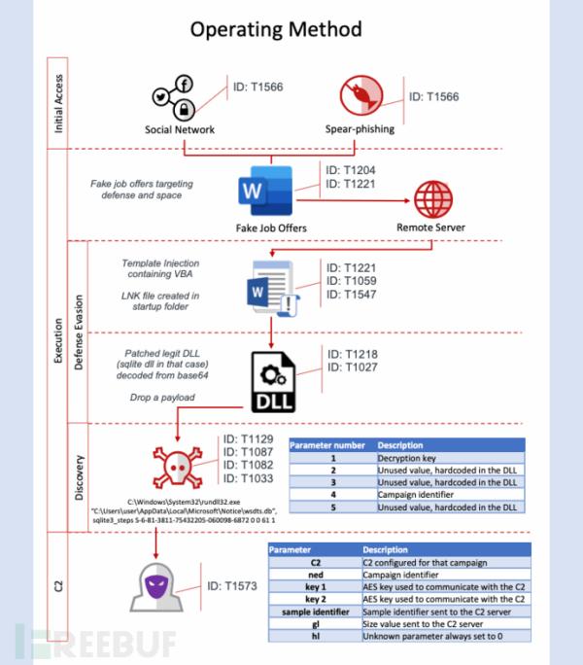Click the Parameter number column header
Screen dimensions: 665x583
(x=329, y=443)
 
